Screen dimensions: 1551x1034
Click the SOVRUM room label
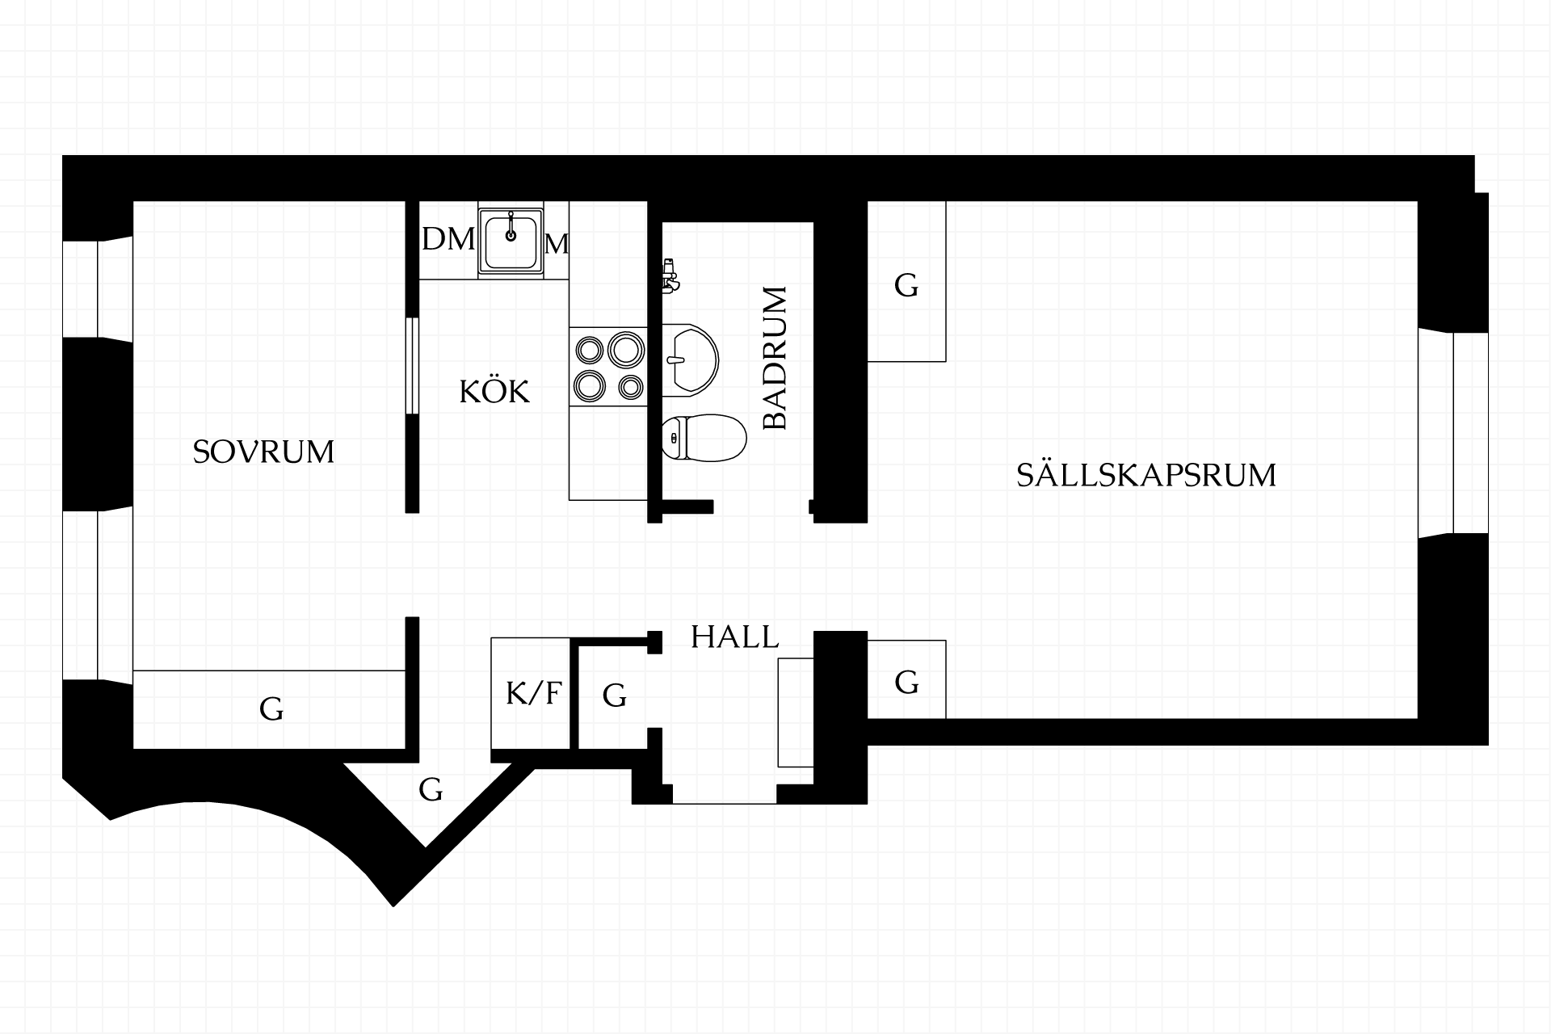(x=263, y=452)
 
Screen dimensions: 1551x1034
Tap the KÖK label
(x=494, y=391)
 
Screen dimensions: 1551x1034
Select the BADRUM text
(x=775, y=358)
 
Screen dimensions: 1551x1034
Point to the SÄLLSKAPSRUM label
(x=1146, y=474)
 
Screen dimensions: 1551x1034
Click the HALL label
(x=735, y=637)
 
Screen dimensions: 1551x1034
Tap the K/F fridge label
(x=533, y=693)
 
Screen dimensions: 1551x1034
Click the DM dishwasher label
(x=448, y=239)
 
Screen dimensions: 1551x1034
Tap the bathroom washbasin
(x=690, y=360)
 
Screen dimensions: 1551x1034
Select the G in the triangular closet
(x=431, y=789)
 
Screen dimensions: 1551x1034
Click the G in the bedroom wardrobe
(x=271, y=708)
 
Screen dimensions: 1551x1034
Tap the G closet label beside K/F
(x=615, y=695)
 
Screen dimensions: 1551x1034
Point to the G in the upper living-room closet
(x=906, y=285)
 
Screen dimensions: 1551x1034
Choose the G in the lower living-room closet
(x=906, y=683)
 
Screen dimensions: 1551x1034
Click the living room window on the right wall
(x=1454, y=432)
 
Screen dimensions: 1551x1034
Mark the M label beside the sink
(x=557, y=243)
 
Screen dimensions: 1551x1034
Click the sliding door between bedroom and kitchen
(x=412, y=367)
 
